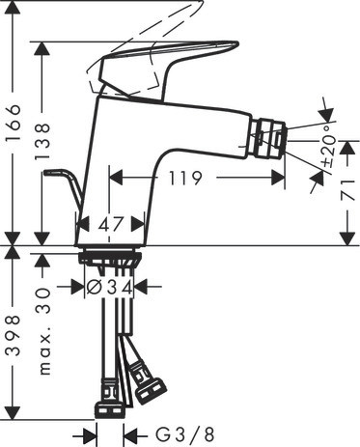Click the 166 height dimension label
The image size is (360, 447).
click(x=14, y=123)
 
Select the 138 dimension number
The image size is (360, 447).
click(x=42, y=141)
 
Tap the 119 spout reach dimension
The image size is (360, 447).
click(x=185, y=178)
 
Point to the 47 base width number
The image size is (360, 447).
click(x=111, y=224)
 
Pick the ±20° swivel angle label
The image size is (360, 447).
click(x=328, y=145)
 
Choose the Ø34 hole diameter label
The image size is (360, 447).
click(x=109, y=287)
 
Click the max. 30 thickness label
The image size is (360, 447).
click(x=44, y=331)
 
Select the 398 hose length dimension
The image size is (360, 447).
click(x=14, y=336)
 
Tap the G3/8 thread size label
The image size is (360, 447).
click(x=184, y=435)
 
